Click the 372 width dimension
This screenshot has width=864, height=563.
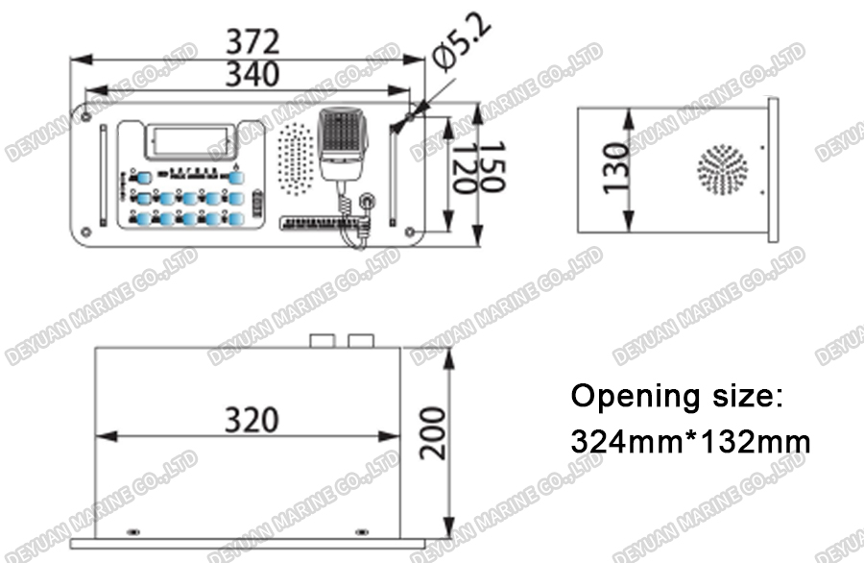click(252, 43)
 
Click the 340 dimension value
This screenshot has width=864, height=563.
click(252, 74)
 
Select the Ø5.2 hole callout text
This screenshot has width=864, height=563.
click(463, 46)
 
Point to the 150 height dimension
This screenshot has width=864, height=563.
click(491, 171)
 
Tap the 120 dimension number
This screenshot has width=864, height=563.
click(464, 171)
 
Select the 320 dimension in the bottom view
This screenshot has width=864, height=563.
click(252, 420)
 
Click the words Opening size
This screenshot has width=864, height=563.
click(678, 396)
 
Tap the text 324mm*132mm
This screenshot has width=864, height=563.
click(691, 442)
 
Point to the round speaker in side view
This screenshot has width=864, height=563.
click(722, 170)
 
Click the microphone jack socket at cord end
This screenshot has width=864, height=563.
click(368, 203)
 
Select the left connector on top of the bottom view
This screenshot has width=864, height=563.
click(323, 341)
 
